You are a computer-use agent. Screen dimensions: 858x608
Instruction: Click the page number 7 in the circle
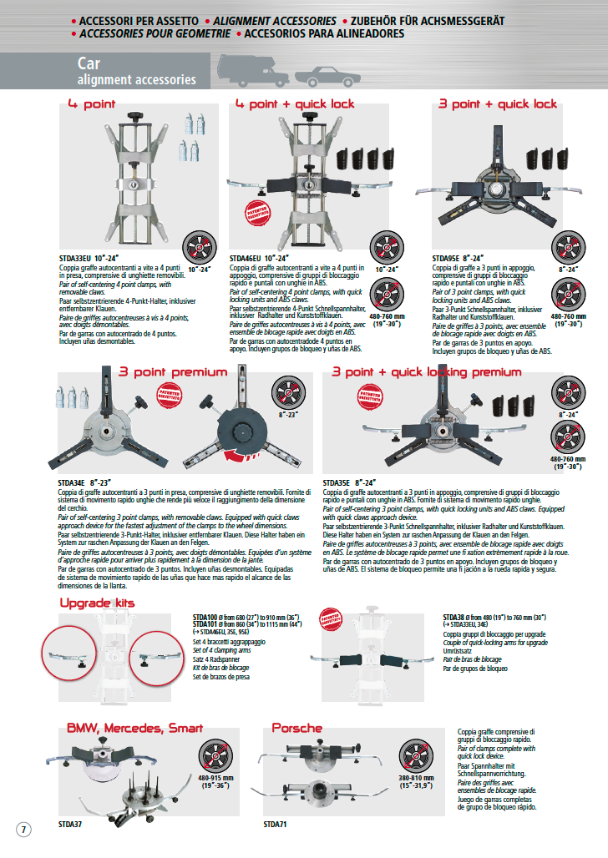(x=23, y=830)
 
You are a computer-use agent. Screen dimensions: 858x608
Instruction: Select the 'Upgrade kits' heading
(x=97, y=603)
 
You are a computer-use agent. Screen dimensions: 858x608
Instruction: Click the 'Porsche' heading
(x=296, y=728)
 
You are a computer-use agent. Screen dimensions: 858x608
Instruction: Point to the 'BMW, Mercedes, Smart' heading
(x=134, y=728)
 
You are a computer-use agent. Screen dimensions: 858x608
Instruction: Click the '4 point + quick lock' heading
(x=294, y=104)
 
